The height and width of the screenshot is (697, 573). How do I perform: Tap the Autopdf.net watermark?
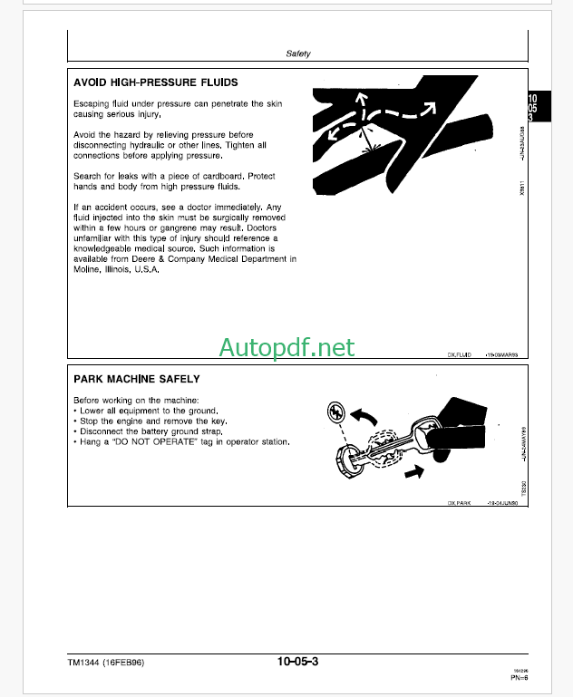(x=287, y=347)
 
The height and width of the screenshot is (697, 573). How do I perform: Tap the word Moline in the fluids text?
(x=88, y=270)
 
